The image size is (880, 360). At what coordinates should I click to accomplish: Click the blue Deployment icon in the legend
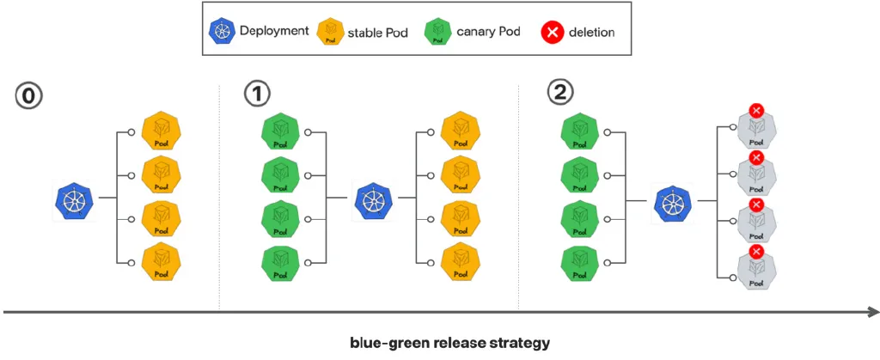tap(223, 33)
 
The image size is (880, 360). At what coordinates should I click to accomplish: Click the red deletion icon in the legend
tap(551, 33)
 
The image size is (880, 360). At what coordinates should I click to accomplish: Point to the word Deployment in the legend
tap(274, 32)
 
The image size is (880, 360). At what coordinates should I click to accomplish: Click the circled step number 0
tap(28, 95)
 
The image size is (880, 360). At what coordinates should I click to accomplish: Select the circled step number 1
tap(256, 95)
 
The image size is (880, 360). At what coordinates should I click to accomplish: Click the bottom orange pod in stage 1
tap(461, 263)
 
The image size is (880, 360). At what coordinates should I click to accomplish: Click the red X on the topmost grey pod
tap(756, 111)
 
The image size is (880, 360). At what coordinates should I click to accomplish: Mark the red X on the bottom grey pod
tap(756, 251)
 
